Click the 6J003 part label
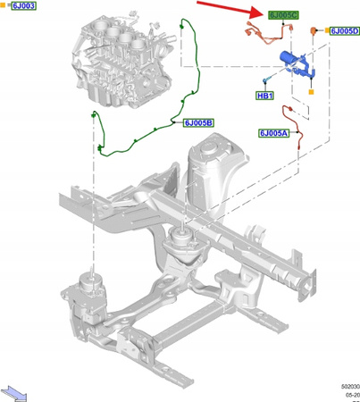(24, 6)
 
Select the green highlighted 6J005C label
(284, 15)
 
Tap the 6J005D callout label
(345, 31)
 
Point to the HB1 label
(265, 95)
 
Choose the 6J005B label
(198, 122)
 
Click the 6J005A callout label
(273, 133)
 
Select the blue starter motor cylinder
(293, 60)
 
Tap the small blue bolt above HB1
(265, 80)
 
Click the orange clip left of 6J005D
(313, 33)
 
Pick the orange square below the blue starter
(310, 89)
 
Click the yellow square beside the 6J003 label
(5, 6)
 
